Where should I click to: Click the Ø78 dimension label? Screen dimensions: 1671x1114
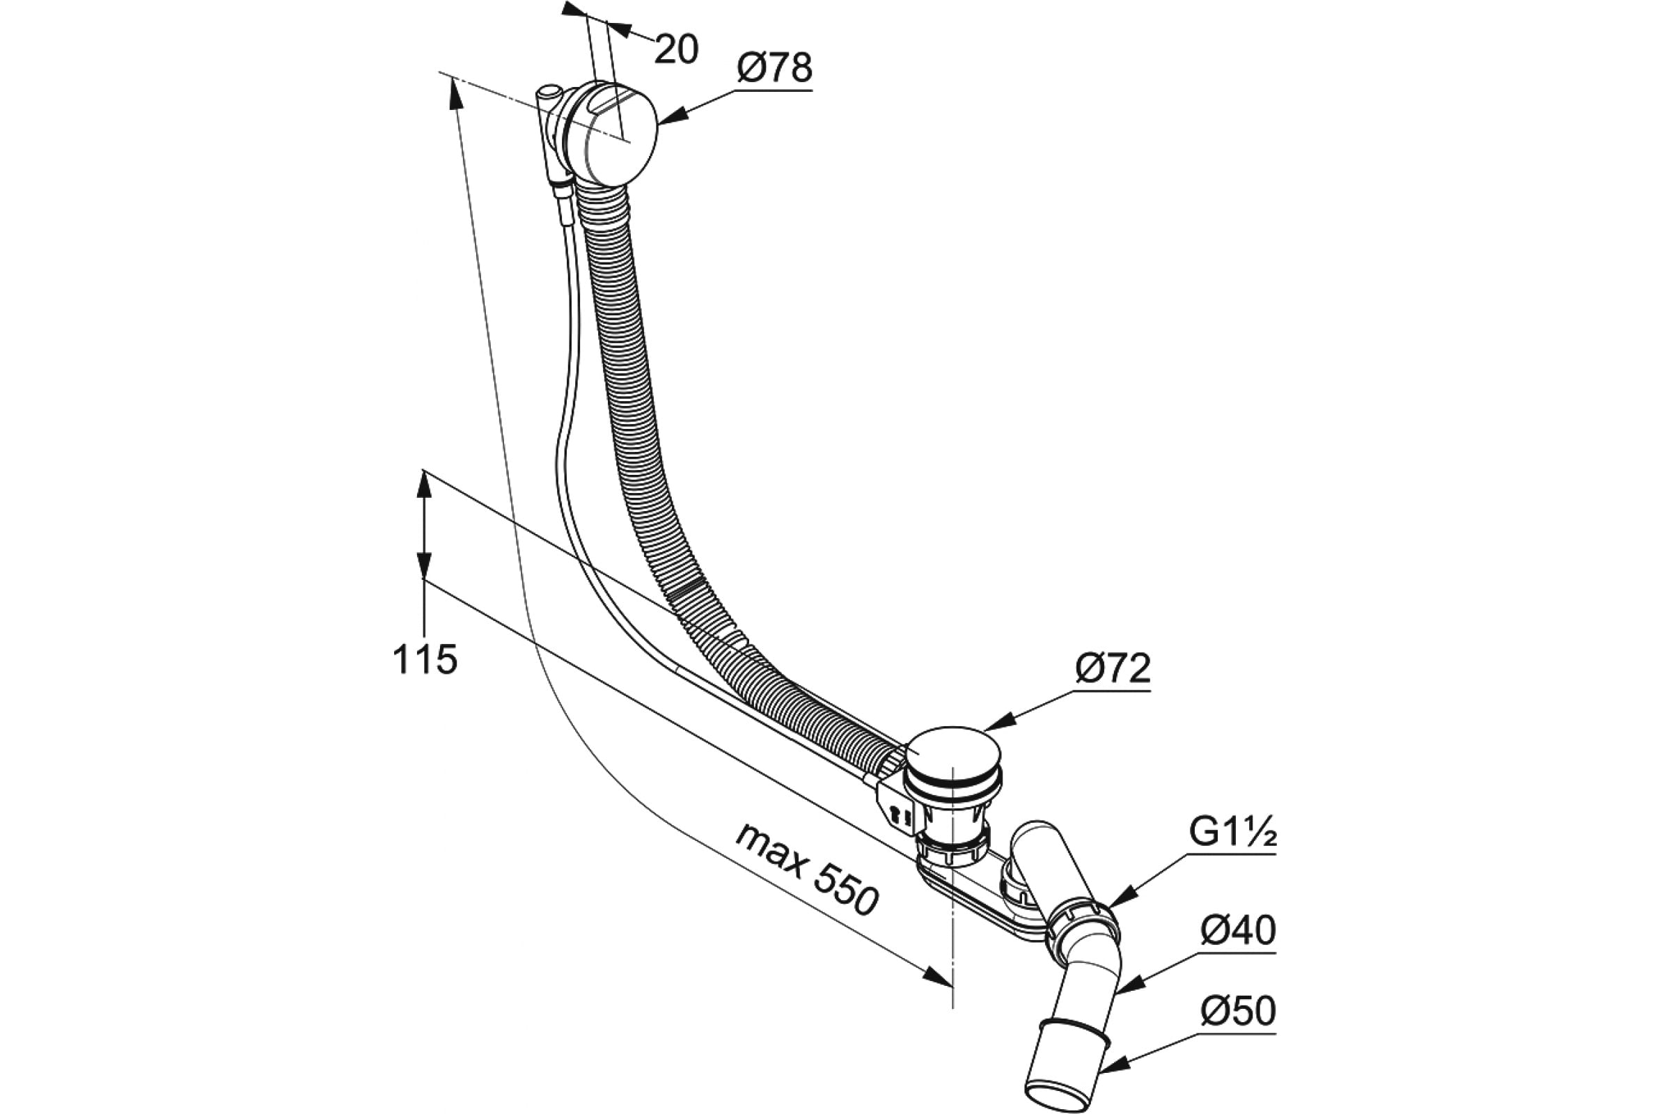point(774,69)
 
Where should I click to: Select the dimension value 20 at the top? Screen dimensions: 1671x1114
point(676,49)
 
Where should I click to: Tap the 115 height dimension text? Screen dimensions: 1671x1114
point(425,659)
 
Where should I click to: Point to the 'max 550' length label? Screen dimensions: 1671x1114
point(806,869)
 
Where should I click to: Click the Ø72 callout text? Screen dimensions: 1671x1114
point(1113,668)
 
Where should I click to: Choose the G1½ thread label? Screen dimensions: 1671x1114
point(1232,833)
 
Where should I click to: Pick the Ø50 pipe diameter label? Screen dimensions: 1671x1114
point(1239,1011)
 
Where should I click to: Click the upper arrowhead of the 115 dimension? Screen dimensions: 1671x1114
point(424,487)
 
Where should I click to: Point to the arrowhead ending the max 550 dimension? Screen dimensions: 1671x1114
point(938,978)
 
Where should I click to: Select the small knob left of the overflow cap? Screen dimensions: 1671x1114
point(549,95)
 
